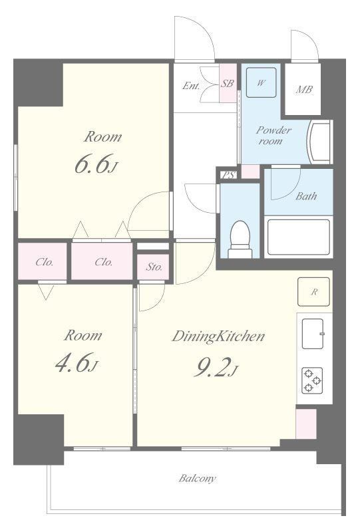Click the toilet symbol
pos(240,239)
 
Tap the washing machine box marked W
pos(261,82)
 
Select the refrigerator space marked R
pos(314,292)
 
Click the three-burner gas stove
pos(312,380)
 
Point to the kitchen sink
pos(313,334)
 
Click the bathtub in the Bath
pos(299,237)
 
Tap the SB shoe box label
pos(227,83)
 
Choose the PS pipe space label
pos(228,175)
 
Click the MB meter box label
pos(304,90)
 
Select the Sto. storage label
pos(154,267)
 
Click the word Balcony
pos(198,478)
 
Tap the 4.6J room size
pos(77,362)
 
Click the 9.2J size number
pos(216,367)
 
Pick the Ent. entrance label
pos(191,86)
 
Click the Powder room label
pos(273,135)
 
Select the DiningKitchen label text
pos(218,336)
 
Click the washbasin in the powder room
pos(319,142)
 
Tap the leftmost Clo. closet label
pos(45,262)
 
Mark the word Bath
pos(306,196)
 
